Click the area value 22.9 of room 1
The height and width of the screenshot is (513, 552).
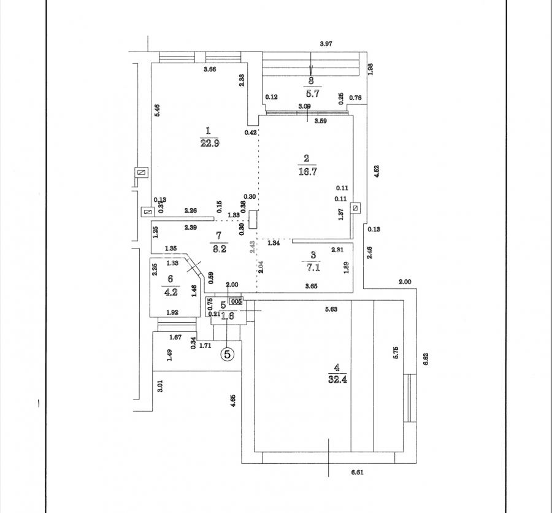(209, 144)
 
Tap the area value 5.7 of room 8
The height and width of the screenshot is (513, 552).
(311, 94)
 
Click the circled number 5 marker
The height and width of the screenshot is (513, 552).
(228, 354)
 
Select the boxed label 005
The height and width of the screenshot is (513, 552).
(236, 301)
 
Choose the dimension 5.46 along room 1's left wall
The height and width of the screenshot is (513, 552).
(157, 111)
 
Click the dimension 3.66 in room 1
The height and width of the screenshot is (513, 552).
(210, 69)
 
